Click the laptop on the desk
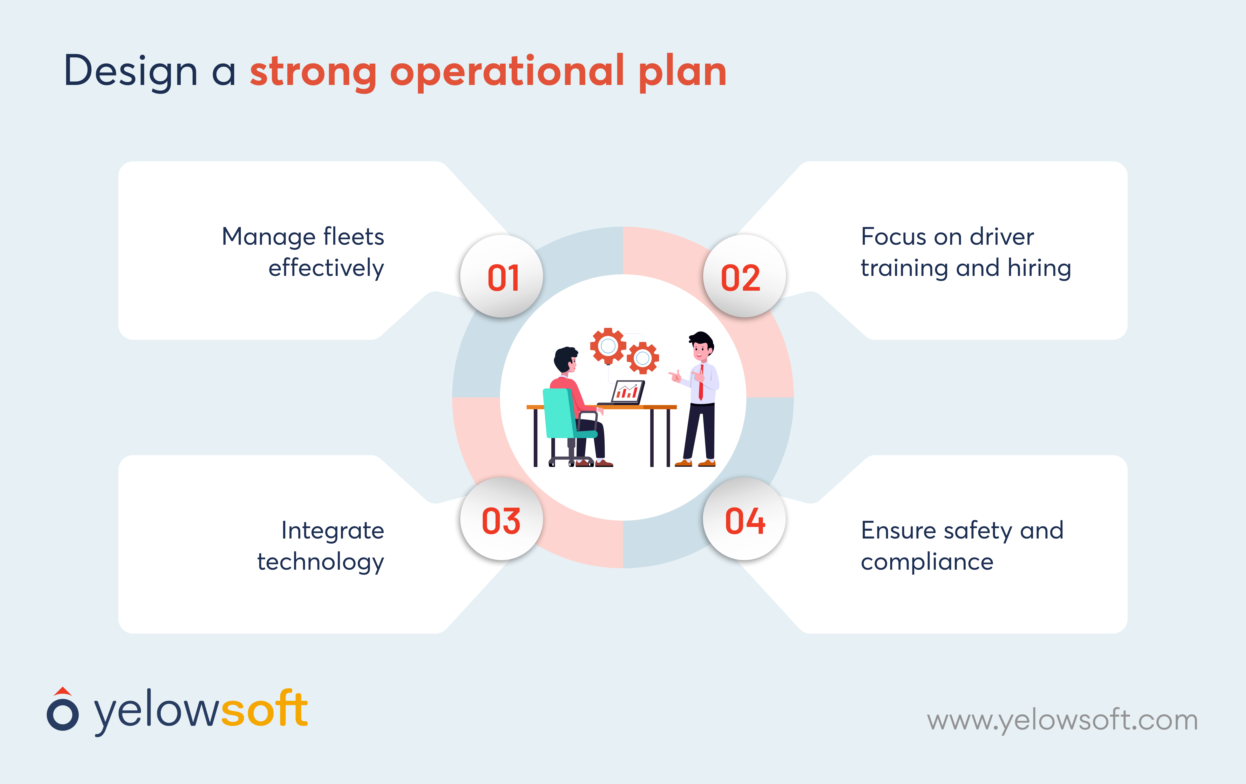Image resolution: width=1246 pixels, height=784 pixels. click(x=626, y=393)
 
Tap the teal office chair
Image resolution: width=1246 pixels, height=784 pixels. click(x=561, y=414)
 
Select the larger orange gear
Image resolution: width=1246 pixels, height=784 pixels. click(x=608, y=346)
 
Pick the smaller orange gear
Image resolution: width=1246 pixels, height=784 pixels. click(x=643, y=357)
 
